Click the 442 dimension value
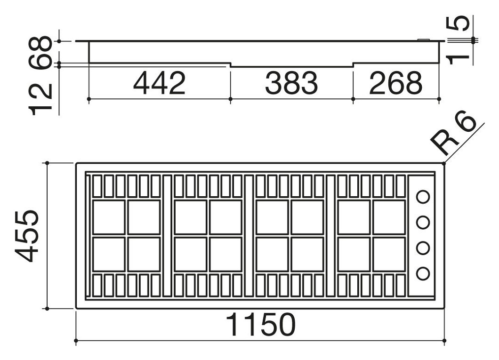(x=160, y=83)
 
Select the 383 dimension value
(x=291, y=83)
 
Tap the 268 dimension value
(x=395, y=83)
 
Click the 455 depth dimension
(x=27, y=236)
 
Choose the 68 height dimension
(x=40, y=52)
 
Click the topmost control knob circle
(x=423, y=197)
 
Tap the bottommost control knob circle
(x=423, y=273)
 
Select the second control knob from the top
(x=423, y=222)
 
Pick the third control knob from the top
(x=423, y=248)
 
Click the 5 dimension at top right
(x=458, y=24)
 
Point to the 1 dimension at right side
(x=458, y=59)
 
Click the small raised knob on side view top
(x=424, y=40)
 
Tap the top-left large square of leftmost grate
(x=109, y=217)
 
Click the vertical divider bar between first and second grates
(x=168, y=236)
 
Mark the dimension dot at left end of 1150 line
(x=76, y=341)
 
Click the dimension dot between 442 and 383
(x=230, y=99)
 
